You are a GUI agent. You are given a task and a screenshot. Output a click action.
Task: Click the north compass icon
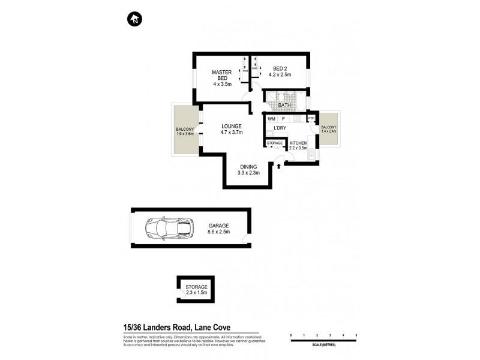(x=134, y=19)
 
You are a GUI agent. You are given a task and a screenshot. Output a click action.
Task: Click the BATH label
(x=284, y=106)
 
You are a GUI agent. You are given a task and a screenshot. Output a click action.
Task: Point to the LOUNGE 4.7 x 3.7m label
(x=231, y=129)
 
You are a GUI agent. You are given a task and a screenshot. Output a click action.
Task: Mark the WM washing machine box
(x=271, y=119)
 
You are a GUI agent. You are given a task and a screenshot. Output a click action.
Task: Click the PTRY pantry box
(x=311, y=119)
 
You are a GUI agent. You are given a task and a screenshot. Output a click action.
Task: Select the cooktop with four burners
(x=296, y=119)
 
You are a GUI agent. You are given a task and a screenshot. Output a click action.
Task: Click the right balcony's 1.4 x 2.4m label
(x=329, y=130)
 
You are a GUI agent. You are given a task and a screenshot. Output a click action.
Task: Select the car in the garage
(x=170, y=228)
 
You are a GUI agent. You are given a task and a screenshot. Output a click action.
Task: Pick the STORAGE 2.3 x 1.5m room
(x=196, y=290)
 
